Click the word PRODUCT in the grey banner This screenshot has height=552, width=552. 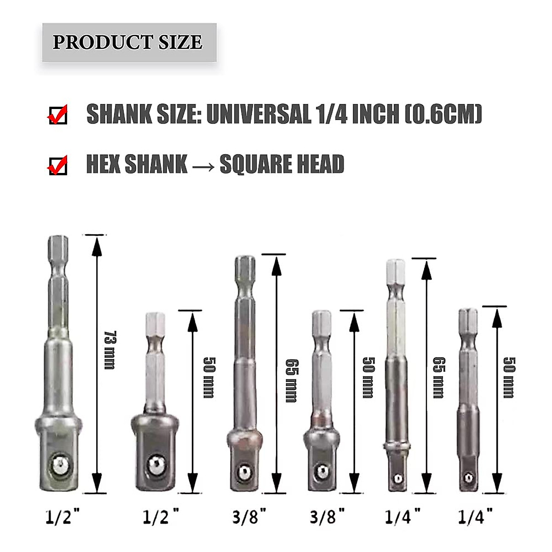coord(103,42)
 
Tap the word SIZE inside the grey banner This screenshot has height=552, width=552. coord(180,42)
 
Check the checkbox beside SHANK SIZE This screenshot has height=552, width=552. coord(58,115)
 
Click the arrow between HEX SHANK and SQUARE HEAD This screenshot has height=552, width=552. coord(203,167)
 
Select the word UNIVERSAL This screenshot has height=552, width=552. coord(259,114)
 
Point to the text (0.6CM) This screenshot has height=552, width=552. coord(444,114)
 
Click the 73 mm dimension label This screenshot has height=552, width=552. coord(110,350)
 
